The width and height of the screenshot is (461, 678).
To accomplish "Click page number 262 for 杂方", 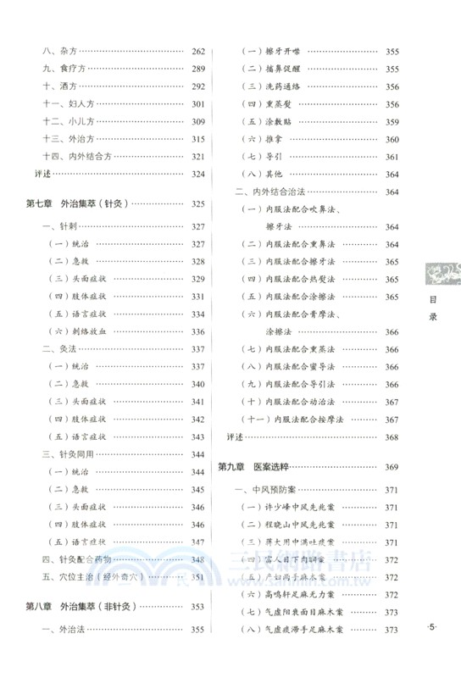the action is (198, 50).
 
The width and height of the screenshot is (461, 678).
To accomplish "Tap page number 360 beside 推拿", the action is (392, 139).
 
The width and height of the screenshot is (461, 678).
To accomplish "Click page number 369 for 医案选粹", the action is (392, 467).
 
